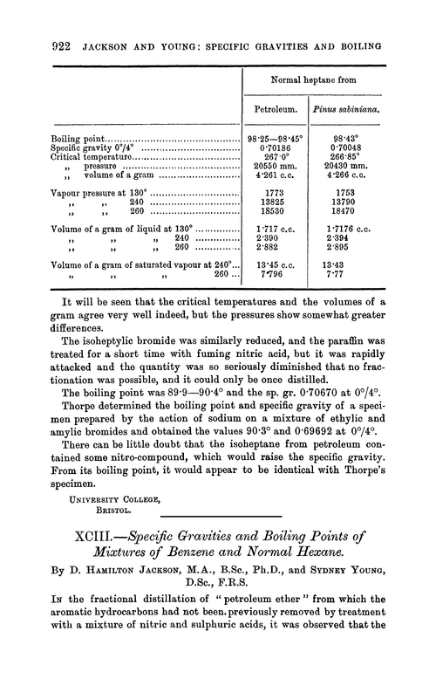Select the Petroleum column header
pyautogui.click(x=276, y=111)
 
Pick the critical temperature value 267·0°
pyautogui.click(x=276, y=160)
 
